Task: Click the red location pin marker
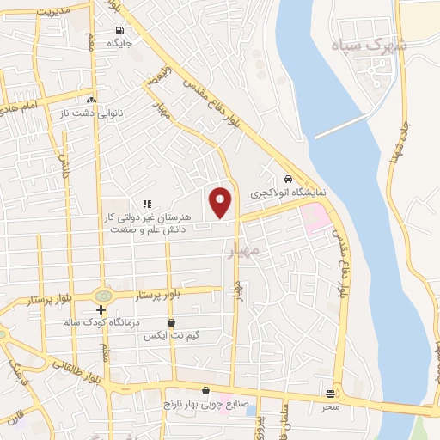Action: click(x=221, y=201)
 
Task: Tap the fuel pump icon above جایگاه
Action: click(x=119, y=32)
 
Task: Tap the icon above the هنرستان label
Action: click(x=147, y=204)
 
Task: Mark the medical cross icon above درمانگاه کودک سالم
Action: click(x=101, y=309)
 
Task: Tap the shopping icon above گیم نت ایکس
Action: click(x=172, y=322)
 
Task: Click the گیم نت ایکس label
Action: click(x=171, y=335)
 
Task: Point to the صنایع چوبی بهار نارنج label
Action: click(x=205, y=403)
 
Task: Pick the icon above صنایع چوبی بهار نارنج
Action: click(x=205, y=390)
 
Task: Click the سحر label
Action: click(x=331, y=406)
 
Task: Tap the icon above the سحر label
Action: click(x=331, y=394)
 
